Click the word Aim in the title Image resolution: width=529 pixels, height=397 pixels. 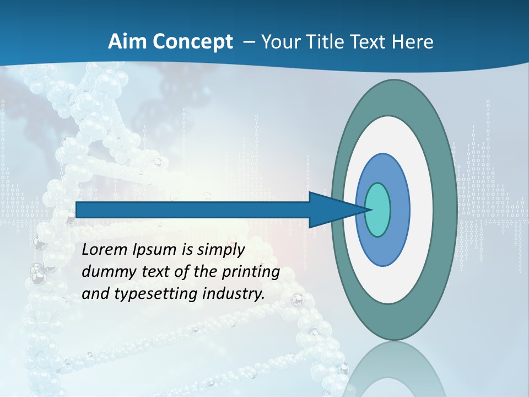pos(123,42)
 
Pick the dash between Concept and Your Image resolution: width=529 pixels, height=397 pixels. pos(248,42)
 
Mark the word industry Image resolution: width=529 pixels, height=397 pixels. pos(234,294)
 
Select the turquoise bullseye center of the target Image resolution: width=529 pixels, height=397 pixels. pos(377,210)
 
